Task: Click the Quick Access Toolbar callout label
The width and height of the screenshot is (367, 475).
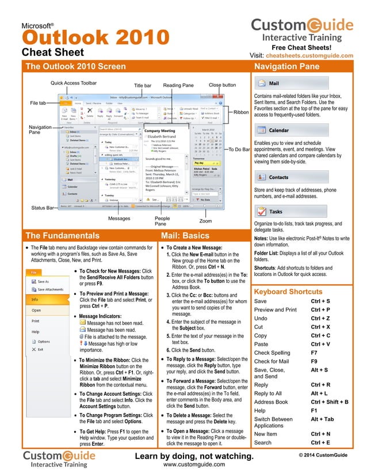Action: (x=74, y=83)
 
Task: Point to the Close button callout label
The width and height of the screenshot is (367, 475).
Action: (x=222, y=85)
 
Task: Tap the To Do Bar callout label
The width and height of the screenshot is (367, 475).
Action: (x=239, y=150)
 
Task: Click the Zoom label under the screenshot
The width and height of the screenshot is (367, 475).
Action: (x=205, y=220)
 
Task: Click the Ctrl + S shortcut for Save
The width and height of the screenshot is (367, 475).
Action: (x=320, y=301)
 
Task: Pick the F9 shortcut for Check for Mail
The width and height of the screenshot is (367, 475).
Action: (x=315, y=361)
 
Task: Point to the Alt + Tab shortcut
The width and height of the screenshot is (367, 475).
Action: (x=323, y=419)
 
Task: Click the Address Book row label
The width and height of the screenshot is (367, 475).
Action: (x=271, y=402)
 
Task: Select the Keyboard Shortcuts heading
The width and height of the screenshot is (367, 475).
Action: (x=288, y=292)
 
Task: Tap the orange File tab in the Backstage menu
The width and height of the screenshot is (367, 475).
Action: (x=34, y=271)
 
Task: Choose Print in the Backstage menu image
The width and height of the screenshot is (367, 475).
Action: (x=36, y=321)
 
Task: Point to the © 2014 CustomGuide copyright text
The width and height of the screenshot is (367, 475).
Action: (x=323, y=455)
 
